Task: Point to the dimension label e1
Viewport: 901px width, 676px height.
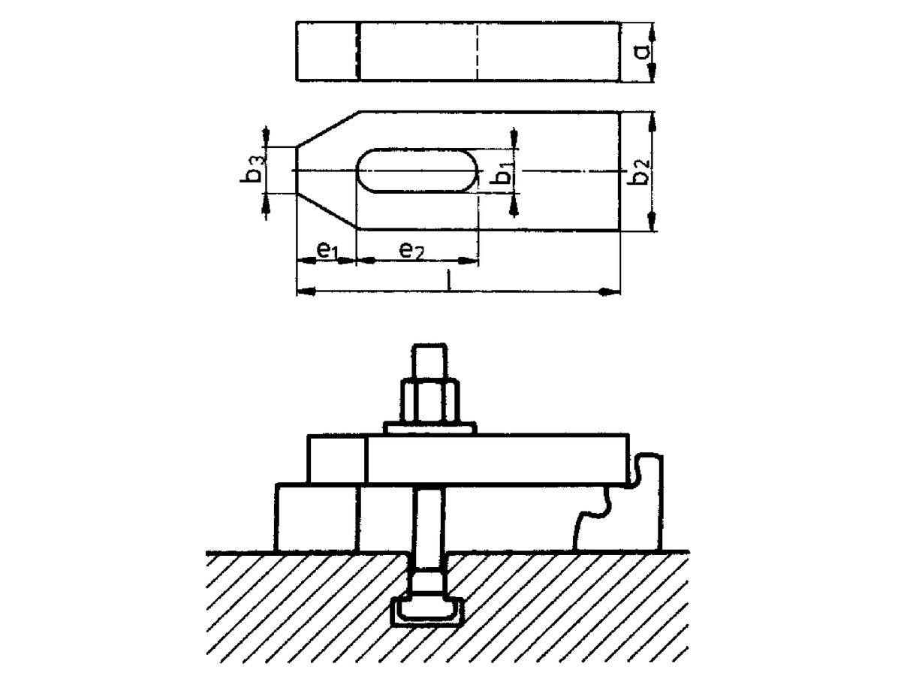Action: click(x=324, y=250)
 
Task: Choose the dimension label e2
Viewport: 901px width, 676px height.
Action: click(x=411, y=251)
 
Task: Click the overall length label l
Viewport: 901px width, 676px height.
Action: click(x=448, y=281)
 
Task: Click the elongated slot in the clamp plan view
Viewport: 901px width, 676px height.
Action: click(x=417, y=171)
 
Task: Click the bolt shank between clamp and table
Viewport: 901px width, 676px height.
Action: click(x=430, y=518)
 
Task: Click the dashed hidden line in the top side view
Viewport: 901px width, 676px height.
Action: click(x=476, y=51)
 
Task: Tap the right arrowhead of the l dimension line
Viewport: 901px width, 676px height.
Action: click(x=610, y=291)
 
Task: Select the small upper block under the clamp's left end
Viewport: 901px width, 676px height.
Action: click(x=336, y=458)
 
